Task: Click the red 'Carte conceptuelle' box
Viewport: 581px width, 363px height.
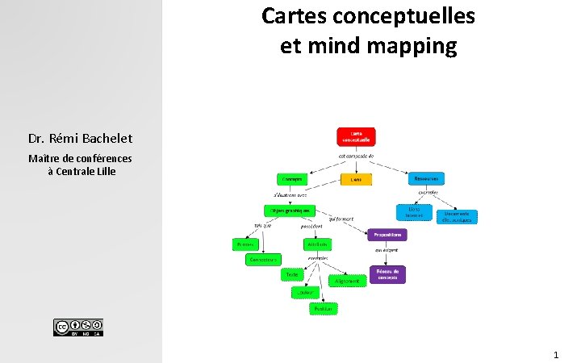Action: pos(356,136)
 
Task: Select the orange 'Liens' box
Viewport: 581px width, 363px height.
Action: pos(356,179)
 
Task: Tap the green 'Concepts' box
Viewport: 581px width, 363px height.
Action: pos(291,179)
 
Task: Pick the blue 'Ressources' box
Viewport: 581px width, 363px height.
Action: pos(427,178)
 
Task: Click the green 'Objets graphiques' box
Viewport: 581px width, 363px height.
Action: pos(289,210)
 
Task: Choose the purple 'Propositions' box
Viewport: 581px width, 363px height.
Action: pos(387,235)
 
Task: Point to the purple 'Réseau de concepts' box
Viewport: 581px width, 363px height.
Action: pos(388,275)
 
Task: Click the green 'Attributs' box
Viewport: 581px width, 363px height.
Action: pos(316,244)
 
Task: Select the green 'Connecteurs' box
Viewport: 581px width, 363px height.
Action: pos(263,260)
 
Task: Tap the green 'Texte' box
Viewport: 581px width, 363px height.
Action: pos(291,274)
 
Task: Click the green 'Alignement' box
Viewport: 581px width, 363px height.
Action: pos(346,281)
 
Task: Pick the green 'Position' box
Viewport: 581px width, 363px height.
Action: pos(323,308)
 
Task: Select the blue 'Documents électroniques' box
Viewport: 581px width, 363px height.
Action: pos(458,216)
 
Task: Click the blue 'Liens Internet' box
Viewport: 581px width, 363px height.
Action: pos(414,211)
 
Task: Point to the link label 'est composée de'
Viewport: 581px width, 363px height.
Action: pos(356,156)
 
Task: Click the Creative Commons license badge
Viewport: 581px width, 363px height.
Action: pos(78,328)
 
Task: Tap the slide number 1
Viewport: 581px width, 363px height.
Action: pos(556,354)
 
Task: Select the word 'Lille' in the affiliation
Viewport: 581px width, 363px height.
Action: pos(105,171)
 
